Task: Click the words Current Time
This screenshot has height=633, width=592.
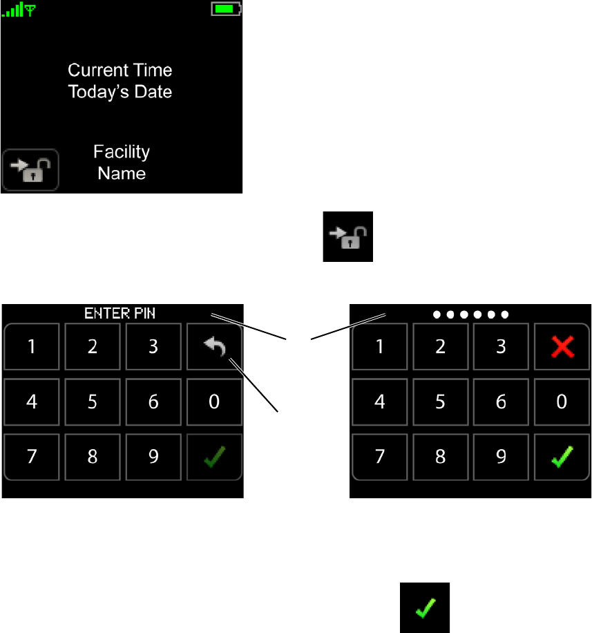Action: pyautogui.click(x=120, y=70)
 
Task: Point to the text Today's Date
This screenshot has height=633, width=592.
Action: pyautogui.click(x=120, y=91)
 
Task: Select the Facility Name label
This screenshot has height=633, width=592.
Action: pyautogui.click(x=122, y=162)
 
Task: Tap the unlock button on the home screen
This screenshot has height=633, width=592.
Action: pyautogui.click(x=30, y=169)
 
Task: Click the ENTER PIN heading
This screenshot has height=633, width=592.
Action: pyautogui.click(x=120, y=313)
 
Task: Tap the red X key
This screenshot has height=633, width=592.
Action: pyautogui.click(x=562, y=347)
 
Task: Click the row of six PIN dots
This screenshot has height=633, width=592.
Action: pyautogui.click(x=470, y=314)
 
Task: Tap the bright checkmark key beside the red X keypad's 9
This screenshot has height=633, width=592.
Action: pyautogui.click(x=562, y=457)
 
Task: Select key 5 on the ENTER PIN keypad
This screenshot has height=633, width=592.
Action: pyautogui.click(x=93, y=401)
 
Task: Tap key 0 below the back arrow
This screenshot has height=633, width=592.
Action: pyautogui.click(x=214, y=401)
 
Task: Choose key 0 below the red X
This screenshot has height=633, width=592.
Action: pyautogui.click(x=562, y=401)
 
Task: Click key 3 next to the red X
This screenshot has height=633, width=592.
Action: pyautogui.click(x=501, y=347)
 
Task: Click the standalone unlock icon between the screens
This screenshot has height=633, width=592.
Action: pyautogui.click(x=348, y=236)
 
